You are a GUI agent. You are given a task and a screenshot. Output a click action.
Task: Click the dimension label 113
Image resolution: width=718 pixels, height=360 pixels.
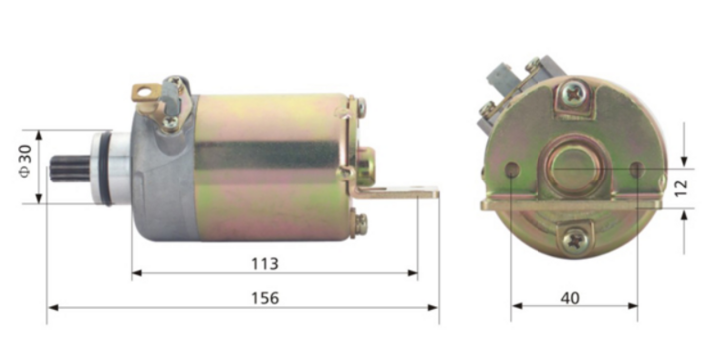(264, 263)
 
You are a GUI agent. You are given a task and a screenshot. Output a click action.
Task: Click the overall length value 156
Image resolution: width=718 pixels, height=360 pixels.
(264, 297)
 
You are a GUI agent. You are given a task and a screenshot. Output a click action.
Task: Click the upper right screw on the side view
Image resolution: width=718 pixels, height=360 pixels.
(360, 103)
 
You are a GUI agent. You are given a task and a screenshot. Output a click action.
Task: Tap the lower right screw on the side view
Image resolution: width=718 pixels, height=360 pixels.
(360, 224)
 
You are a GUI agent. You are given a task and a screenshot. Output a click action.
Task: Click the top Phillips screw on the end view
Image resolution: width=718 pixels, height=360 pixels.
(575, 95)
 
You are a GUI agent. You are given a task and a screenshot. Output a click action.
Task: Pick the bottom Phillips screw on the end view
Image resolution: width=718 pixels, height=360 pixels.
(575, 239)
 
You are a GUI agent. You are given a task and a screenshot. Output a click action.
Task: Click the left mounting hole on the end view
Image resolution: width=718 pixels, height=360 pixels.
(512, 171)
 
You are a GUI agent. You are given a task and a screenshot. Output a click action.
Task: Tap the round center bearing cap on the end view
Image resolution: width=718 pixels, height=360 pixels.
(575, 163)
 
